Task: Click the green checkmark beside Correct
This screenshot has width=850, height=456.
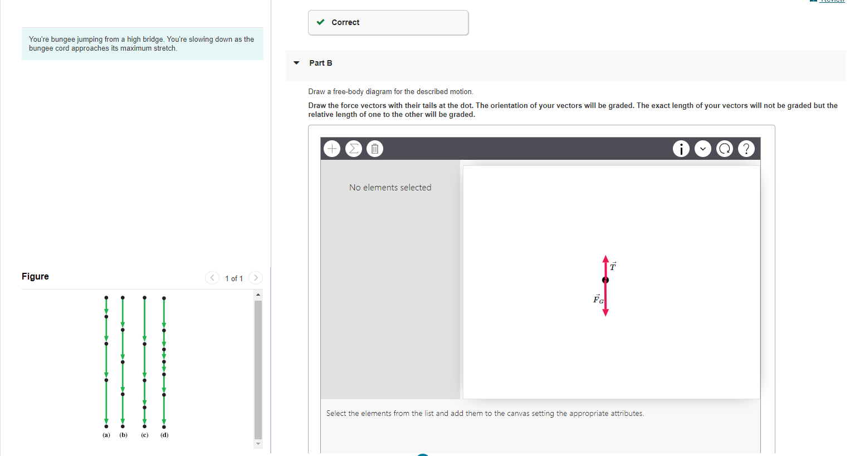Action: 321,22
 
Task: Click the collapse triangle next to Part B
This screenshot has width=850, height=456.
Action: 296,63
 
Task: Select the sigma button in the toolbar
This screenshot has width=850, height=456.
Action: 353,149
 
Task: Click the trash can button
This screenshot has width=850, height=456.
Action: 375,149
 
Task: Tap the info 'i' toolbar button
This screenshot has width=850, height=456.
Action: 681,149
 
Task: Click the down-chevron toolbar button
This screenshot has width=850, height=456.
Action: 703,149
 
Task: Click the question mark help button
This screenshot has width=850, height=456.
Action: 746,149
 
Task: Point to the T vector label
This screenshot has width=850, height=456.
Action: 613,266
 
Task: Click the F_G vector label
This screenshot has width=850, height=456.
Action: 598,300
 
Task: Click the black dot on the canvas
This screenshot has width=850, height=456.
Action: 605,280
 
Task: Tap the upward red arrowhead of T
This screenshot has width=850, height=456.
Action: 605,259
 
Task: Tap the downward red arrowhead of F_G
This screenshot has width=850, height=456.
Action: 605,312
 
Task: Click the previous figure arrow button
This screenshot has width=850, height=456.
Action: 212,278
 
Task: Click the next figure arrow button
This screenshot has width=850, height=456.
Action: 256,278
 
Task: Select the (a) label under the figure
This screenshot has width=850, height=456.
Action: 106,435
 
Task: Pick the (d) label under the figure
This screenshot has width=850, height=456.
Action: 164,435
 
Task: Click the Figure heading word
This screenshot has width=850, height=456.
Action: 35,276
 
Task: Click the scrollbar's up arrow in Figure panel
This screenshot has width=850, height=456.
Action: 258,295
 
